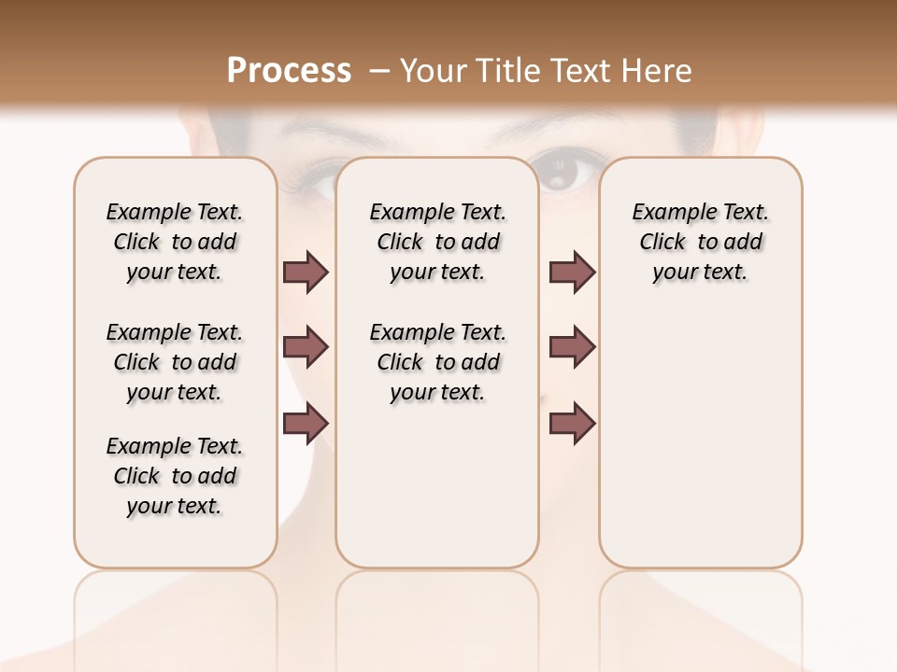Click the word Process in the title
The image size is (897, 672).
289,71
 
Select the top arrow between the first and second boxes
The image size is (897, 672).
306,272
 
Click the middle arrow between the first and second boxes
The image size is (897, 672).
306,347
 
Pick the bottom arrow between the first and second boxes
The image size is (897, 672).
306,423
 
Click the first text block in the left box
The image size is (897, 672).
175,242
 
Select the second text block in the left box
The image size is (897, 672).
175,362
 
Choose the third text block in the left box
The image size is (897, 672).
175,476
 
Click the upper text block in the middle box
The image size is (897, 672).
437,242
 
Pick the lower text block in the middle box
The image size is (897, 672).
437,362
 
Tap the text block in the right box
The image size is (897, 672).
700,242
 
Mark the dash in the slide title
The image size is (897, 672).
379,71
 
